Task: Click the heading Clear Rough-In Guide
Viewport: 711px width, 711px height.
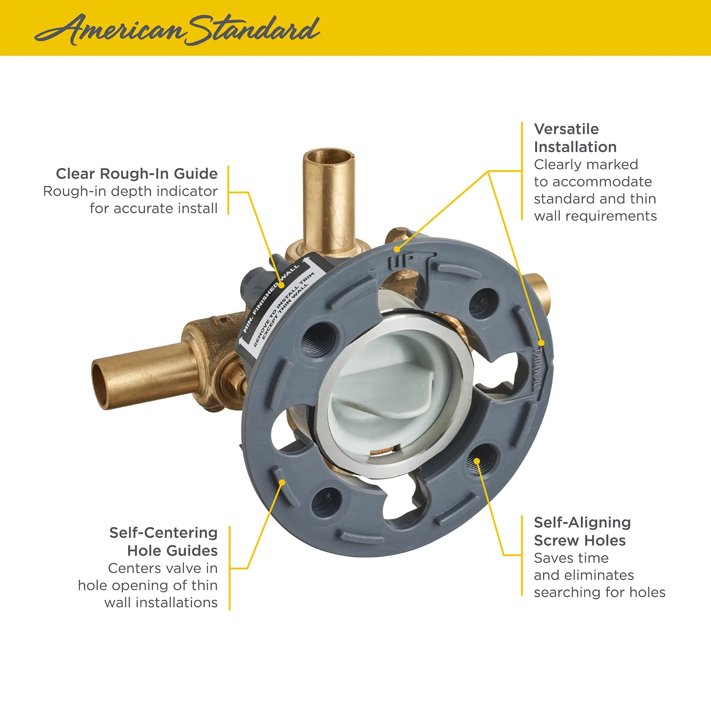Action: [137, 174]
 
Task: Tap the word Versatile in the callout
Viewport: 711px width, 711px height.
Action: [566, 129]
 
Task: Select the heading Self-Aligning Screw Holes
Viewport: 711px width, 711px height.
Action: [582, 531]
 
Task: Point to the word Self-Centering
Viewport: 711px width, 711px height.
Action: [164, 533]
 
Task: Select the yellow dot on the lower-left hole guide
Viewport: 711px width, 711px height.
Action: [282, 481]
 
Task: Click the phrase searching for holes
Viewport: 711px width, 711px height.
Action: [599, 592]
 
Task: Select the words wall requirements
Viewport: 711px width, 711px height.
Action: [595, 216]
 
